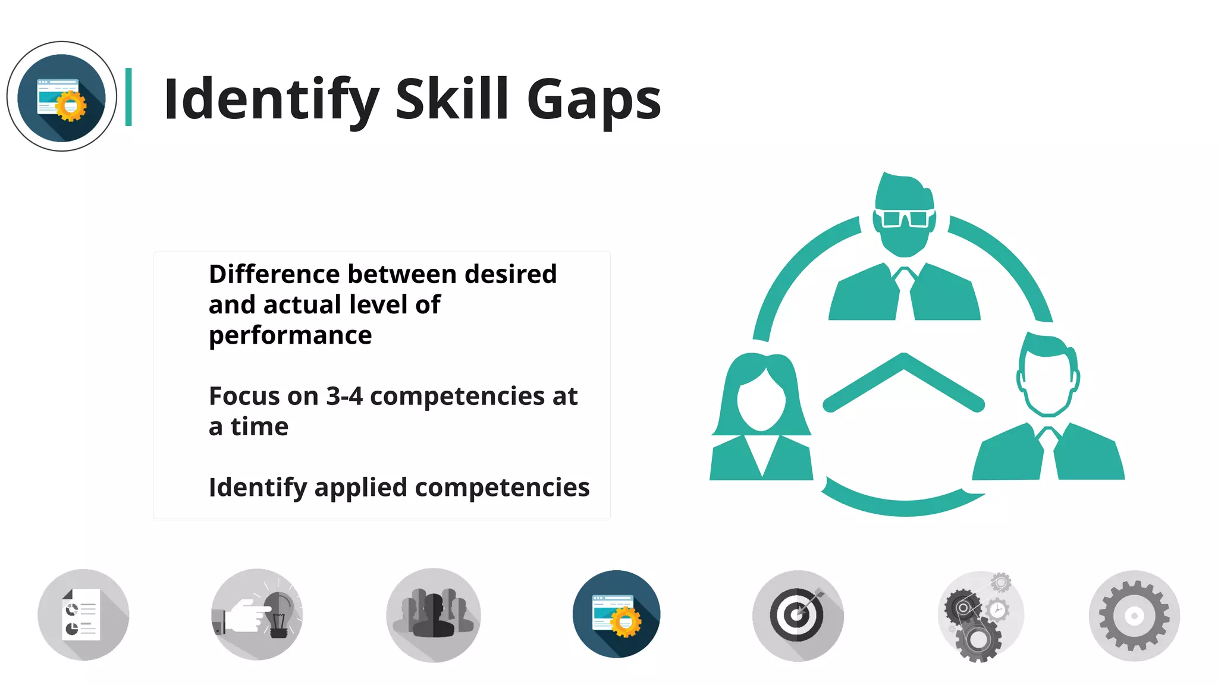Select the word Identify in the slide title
(x=271, y=100)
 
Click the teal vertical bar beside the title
(x=128, y=97)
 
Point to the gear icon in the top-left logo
(x=71, y=106)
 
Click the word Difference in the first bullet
(x=274, y=275)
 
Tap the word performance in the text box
(x=290, y=336)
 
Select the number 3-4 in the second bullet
(x=344, y=397)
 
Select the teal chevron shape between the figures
(x=903, y=381)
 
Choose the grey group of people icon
(x=434, y=615)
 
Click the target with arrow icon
(x=798, y=615)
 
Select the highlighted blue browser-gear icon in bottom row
(x=616, y=615)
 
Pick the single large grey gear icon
(x=1134, y=615)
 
